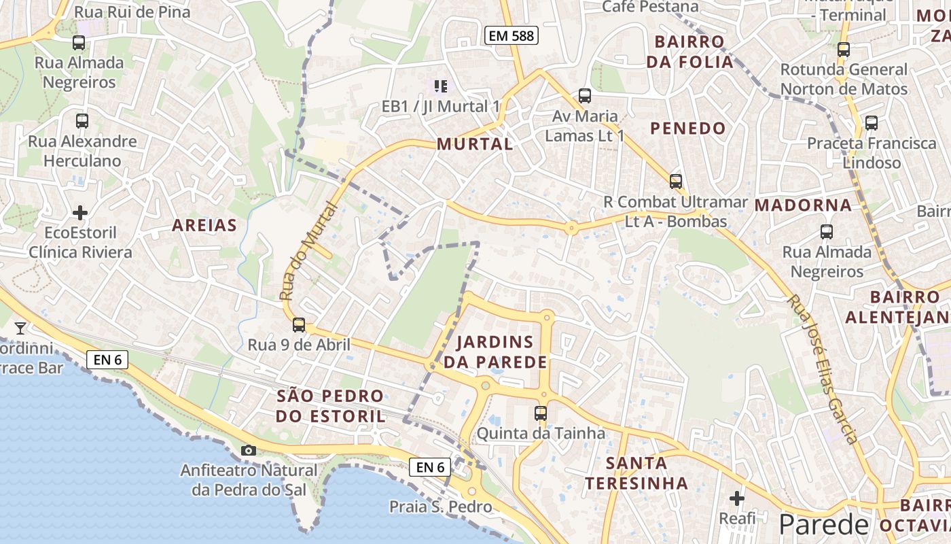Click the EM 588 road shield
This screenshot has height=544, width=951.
coord(511,35)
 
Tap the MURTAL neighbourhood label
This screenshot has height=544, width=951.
coord(475,144)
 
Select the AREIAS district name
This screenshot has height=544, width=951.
coord(204,226)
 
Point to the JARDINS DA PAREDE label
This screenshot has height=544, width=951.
coord(495,352)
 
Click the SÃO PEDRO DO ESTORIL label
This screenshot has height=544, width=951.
coord(330,406)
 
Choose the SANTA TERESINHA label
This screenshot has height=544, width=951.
coord(636,473)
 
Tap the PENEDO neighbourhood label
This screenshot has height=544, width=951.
coord(688,129)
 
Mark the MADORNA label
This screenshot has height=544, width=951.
coord(803,205)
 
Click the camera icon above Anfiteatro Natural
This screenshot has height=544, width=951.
coord(249,450)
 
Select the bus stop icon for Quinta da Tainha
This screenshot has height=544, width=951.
coord(541,413)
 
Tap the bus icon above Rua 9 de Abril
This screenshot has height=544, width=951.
coord(299,325)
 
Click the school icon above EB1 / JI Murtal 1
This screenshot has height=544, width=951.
coord(441,86)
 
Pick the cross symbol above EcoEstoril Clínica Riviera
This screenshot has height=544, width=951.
coord(80,213)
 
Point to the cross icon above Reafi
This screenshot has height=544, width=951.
coord(737,498)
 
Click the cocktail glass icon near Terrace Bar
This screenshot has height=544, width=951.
coord(20,328)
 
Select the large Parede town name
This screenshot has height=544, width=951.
coord(823,524)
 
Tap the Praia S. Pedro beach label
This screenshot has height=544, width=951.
coord(440,507)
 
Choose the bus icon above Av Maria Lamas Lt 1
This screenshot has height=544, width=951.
coord(584,96)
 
